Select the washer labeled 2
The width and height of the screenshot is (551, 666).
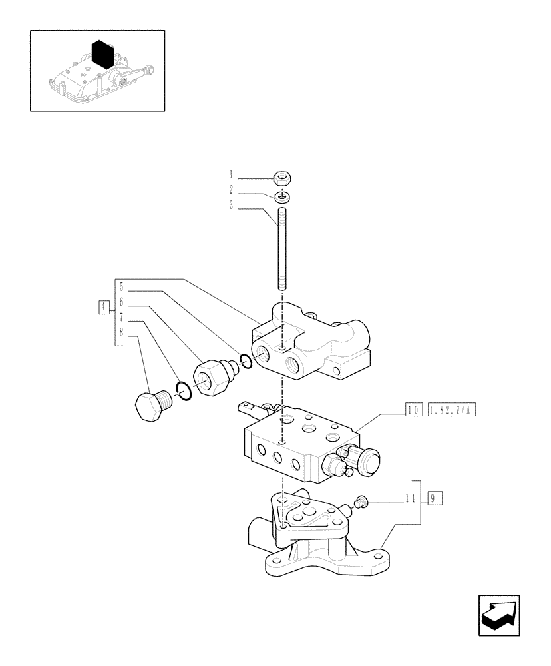282,197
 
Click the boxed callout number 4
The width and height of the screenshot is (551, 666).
103,307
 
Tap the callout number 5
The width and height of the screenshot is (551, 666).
122,288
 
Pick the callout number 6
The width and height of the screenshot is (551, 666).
122,302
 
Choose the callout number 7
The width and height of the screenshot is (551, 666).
122,318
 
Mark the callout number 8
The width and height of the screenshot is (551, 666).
122,332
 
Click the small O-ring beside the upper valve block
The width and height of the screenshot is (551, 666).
246,360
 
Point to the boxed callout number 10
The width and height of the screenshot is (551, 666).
411,409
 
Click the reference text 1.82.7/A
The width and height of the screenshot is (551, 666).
453,409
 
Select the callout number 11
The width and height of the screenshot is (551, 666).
411,498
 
